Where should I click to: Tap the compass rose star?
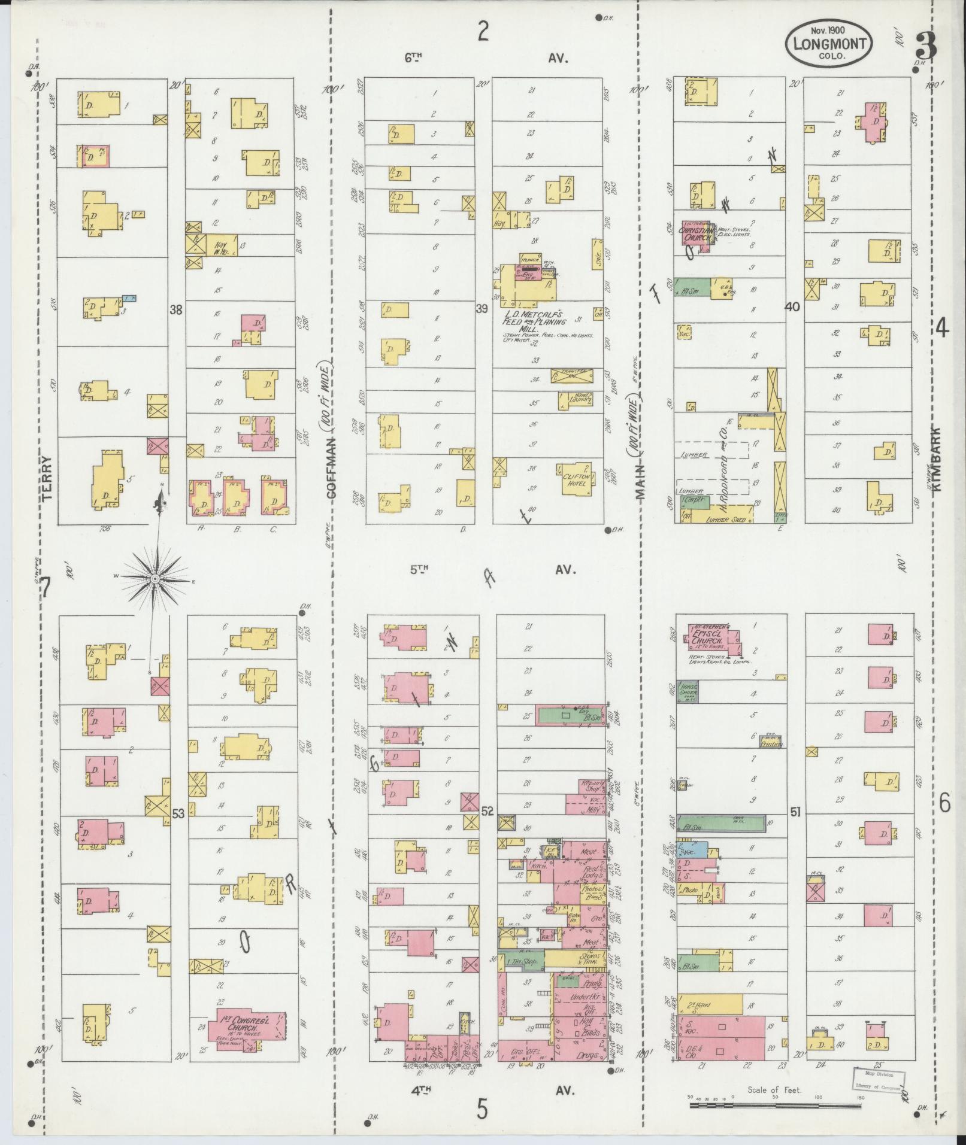[155, 579]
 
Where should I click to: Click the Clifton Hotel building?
[576, 478]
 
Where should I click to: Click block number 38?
[175, 310]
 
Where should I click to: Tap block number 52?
[487, 811]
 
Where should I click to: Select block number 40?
[792, 307]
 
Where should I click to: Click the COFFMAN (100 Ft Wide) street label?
[331, 431]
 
